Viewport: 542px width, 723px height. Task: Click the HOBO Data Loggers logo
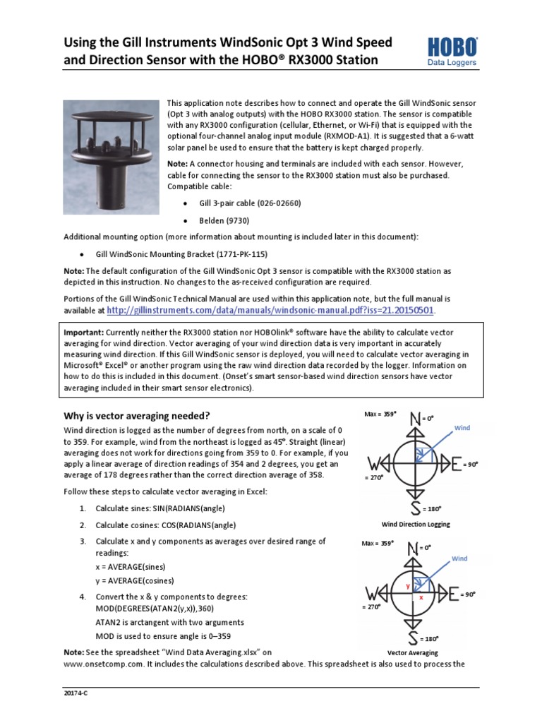click(452, 52)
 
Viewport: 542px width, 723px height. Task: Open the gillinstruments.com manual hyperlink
click(270, 310)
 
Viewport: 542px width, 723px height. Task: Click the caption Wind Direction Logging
click(416, 525)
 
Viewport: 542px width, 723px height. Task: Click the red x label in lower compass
click(421, 597)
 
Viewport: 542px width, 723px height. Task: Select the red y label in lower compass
click(407, 586)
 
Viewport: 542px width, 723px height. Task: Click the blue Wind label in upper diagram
click(462, 429)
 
